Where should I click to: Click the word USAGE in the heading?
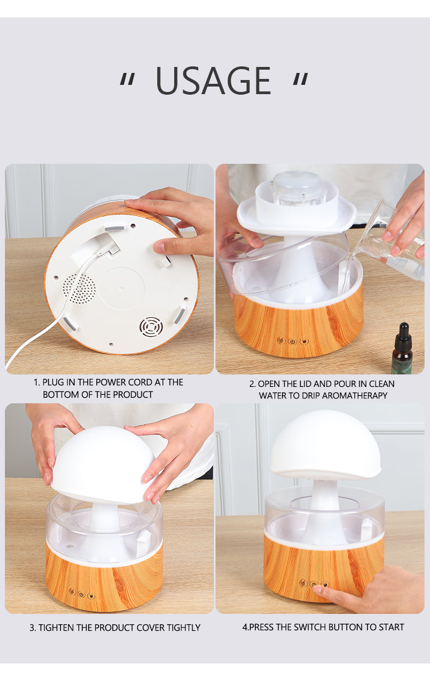[213, 81]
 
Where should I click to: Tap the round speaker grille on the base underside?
[78, 287]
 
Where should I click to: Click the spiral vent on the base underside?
[151, 327]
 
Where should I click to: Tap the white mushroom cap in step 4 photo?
[325, 444]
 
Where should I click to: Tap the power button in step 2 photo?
[292, 341]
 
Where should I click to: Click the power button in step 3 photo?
[81, 594]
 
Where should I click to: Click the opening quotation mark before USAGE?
[127, 81]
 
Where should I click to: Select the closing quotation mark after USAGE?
[300, 81]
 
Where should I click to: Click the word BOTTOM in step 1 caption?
[58, 395]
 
